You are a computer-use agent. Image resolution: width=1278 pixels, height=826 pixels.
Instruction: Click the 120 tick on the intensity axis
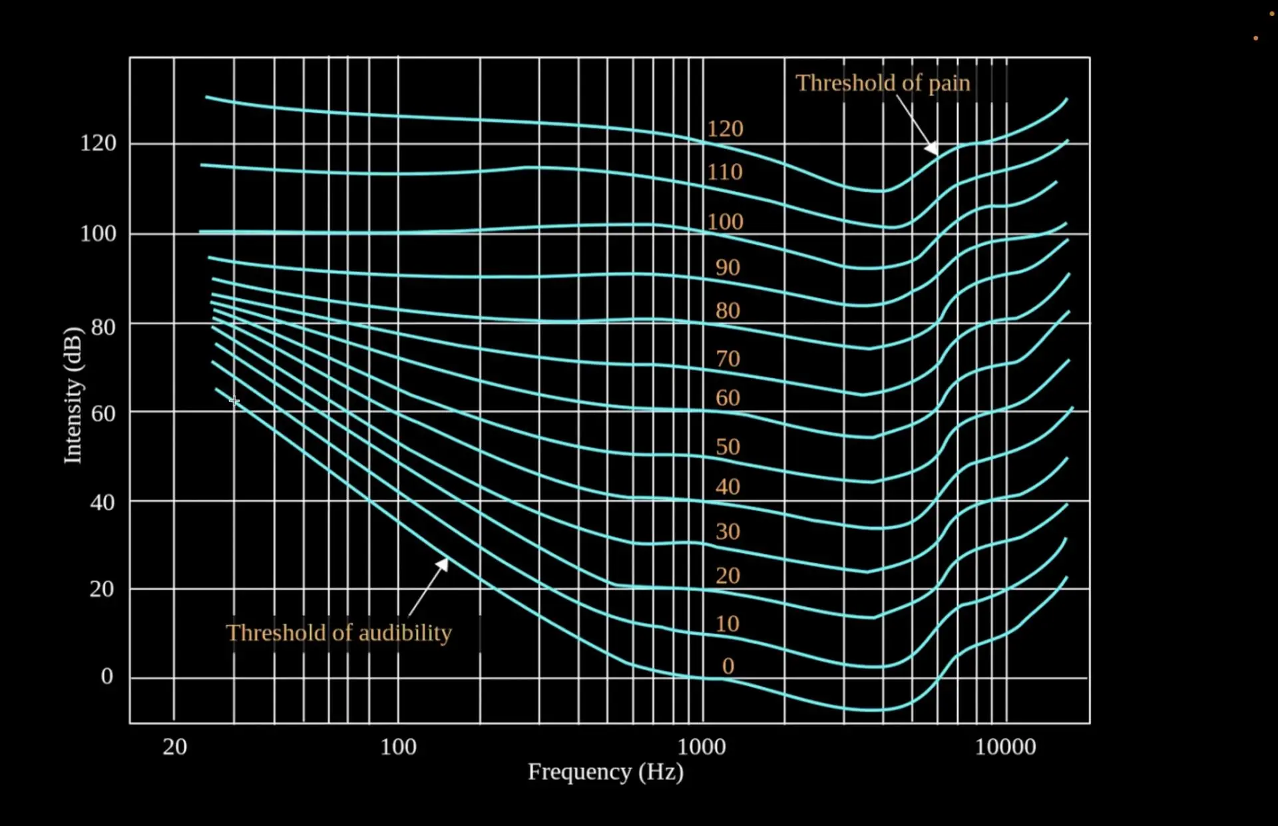(98, 143)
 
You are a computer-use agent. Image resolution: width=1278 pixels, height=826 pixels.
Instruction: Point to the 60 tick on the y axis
(103, 413)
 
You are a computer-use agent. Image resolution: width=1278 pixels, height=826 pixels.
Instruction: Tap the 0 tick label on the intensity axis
(106, 676)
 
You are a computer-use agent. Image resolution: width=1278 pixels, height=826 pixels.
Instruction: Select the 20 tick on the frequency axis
(174, 747)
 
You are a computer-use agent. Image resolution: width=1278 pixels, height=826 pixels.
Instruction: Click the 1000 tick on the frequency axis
(702, 747)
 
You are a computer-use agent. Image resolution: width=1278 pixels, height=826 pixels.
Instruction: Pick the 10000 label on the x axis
(1005, 747)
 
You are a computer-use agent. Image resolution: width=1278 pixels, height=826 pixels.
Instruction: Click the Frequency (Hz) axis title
(605, 772)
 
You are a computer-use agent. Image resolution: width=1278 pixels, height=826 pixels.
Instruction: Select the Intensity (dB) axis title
(73, 395)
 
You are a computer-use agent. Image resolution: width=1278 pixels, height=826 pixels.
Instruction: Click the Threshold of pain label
(883, 83)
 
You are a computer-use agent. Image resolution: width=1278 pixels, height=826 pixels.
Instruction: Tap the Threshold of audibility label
(338, 632)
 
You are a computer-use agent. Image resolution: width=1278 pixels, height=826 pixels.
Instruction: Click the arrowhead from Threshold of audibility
(443, 564)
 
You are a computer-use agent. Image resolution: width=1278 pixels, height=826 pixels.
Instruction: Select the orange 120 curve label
(725, 128)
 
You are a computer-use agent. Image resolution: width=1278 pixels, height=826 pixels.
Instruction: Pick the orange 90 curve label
(728, 268)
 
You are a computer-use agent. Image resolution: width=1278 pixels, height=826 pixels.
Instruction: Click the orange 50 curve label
(728, 447)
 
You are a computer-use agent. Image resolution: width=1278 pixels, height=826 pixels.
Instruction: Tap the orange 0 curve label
(728, 666)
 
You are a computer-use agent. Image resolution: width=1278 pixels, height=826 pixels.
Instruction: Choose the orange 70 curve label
(728, 359)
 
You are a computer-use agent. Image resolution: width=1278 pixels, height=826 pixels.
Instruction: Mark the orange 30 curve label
(728, 531)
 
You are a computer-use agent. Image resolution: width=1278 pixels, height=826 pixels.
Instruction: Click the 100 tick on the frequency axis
(398, 747)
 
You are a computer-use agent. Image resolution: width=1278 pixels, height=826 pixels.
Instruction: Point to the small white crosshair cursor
(234, 400)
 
